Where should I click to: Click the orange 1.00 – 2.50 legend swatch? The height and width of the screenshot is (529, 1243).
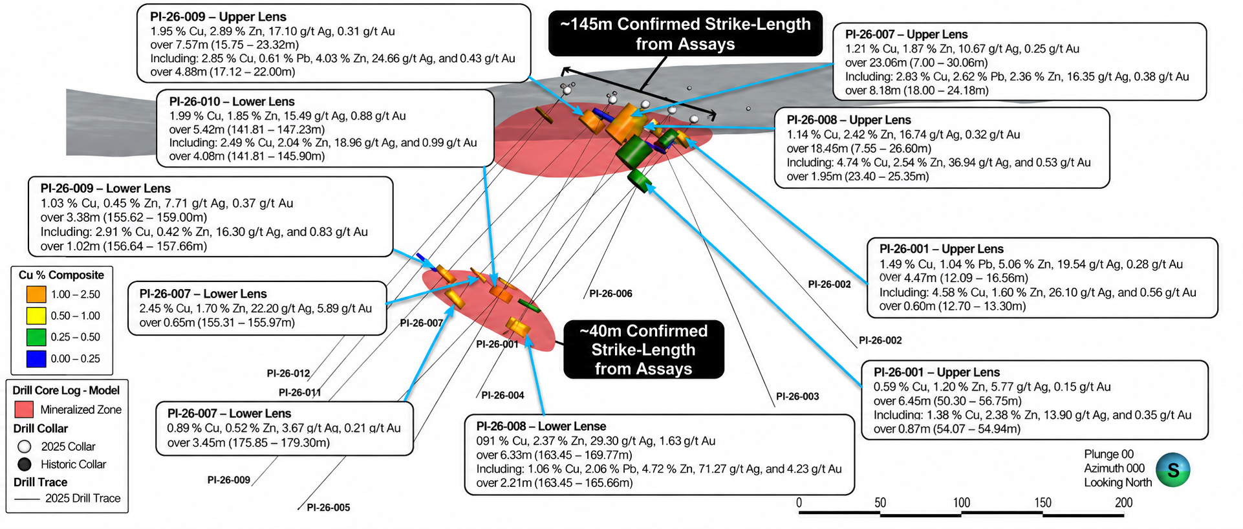[36, 294]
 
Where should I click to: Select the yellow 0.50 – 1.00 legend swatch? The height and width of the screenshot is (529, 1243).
[36, 316]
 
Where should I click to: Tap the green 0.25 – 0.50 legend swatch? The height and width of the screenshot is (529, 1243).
[36, 337]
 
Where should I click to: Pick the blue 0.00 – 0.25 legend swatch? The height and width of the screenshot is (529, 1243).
[36, 358]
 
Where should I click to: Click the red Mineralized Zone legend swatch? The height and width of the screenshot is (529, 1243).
[24, 409]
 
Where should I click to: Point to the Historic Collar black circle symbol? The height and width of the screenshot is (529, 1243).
[25, 464]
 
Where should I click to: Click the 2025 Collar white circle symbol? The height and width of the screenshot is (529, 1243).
[25, 446]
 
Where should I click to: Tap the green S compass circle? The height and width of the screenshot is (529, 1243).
[1173, 470]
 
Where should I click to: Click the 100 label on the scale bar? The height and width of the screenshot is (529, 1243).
[961, 502]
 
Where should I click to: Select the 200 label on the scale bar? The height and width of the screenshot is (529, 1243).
[1123, 502]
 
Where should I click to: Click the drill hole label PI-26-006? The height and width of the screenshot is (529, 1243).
[611, 294]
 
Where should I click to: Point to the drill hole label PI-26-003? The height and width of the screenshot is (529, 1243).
[797, 396]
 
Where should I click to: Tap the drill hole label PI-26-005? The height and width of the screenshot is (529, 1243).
[329, 508]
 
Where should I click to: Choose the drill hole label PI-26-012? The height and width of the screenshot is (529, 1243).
[288, 374]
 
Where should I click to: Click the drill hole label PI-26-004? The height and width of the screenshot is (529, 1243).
[503, 395]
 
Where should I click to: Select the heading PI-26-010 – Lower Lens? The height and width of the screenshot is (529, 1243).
[232, 102]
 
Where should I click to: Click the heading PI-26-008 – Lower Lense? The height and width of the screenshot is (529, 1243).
[541, 426]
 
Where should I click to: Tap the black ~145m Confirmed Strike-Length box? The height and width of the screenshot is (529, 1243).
[685, 34]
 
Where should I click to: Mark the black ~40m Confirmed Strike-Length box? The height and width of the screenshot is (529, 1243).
[643, 350]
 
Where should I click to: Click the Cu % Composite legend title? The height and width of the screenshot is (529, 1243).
[61, 275]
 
